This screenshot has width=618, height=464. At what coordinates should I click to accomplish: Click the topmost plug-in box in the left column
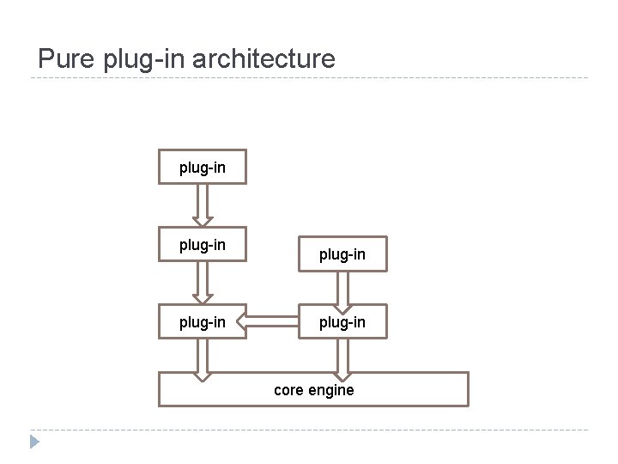[x=203, y=168]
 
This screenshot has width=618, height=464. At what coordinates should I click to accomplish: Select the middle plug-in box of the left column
[x=203, y=245]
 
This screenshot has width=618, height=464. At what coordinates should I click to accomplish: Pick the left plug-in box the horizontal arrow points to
[x=203, y=322]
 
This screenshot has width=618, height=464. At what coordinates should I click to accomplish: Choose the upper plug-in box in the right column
[x=342, y=254]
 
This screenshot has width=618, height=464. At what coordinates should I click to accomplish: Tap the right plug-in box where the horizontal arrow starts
[x=342, y=322]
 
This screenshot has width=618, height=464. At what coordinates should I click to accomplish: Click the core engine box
[x=313, y=389]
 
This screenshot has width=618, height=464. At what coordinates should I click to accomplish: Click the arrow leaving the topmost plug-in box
[x=203, y=205]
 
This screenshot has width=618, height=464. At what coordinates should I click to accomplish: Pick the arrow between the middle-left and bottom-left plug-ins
[x=203, y=283]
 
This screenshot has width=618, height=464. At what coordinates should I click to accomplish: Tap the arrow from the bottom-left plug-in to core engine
[x=203, y=358]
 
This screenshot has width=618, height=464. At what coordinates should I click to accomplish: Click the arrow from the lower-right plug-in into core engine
[x=342, y=358]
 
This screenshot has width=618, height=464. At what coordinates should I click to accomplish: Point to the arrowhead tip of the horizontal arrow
[x=239, y=322]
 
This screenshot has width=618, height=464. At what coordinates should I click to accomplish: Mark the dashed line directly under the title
[x=309, y=79]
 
